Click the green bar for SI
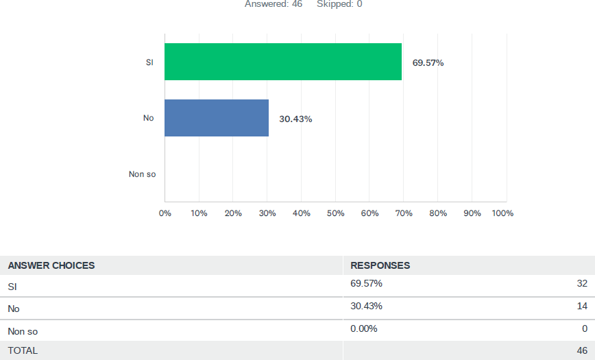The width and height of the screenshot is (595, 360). click(x=283, y=62)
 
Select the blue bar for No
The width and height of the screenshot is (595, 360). click(x=217, y=118)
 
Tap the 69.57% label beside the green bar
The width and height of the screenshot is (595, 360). click(x=428, y=63)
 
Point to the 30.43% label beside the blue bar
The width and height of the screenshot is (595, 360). click(x=295, y=119)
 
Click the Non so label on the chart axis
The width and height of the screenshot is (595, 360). click(x=143, y=174)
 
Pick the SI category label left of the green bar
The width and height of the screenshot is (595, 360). click(x=149, y=62)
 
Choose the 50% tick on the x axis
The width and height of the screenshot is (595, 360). click(x=335, y=213)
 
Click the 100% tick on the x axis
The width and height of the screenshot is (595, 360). click(x=502, y=213)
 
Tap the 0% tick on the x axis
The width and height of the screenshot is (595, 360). click(x=165, y=213)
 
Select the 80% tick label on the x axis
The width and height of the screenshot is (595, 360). click(x=438, y=213)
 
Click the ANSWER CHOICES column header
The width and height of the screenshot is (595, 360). click(x=51, y=265)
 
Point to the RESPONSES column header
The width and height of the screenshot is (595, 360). click(x=380, y=265)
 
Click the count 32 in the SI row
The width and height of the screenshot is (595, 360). click(x=582, y=283)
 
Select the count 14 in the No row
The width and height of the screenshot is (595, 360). click(x=582, y=306)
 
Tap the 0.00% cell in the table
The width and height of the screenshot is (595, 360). click(x=364, y=328)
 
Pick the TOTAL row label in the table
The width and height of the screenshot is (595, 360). click(x=23, y=350)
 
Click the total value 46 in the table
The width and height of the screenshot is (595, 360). click(x=582, y=350)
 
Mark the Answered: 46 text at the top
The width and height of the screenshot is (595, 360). click(x=274, y=4)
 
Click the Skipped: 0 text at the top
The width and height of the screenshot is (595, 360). click(x=339, y=4)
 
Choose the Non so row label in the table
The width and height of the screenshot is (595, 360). click(x=23, y=331)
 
